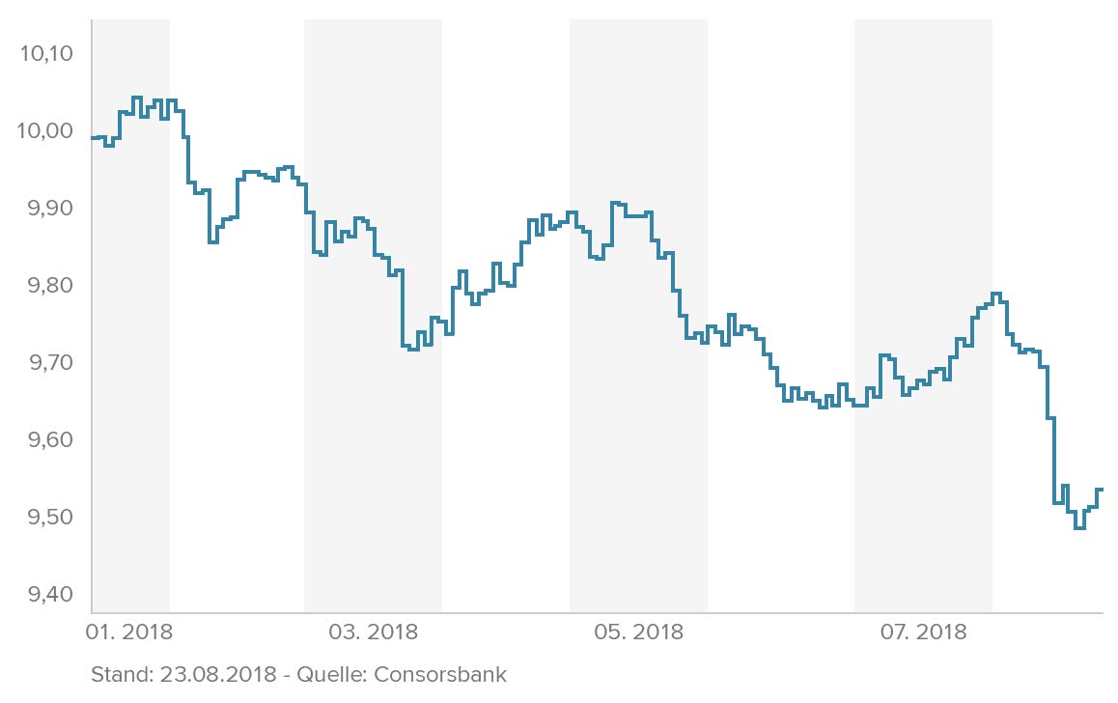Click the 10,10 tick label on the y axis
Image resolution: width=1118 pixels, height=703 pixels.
click(x=46, y=53)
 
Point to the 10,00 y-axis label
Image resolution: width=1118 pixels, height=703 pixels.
click(x=46, y=130)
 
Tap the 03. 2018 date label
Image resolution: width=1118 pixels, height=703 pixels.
click(x=374, y=633)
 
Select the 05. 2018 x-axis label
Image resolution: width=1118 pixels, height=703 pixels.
click(x=638, y=633)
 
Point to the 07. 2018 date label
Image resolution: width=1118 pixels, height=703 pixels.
click(x=922, y=633)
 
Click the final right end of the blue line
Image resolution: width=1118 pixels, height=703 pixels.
click(x=1102, y=490)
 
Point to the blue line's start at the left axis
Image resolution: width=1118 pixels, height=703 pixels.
click(x=94, y=138)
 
